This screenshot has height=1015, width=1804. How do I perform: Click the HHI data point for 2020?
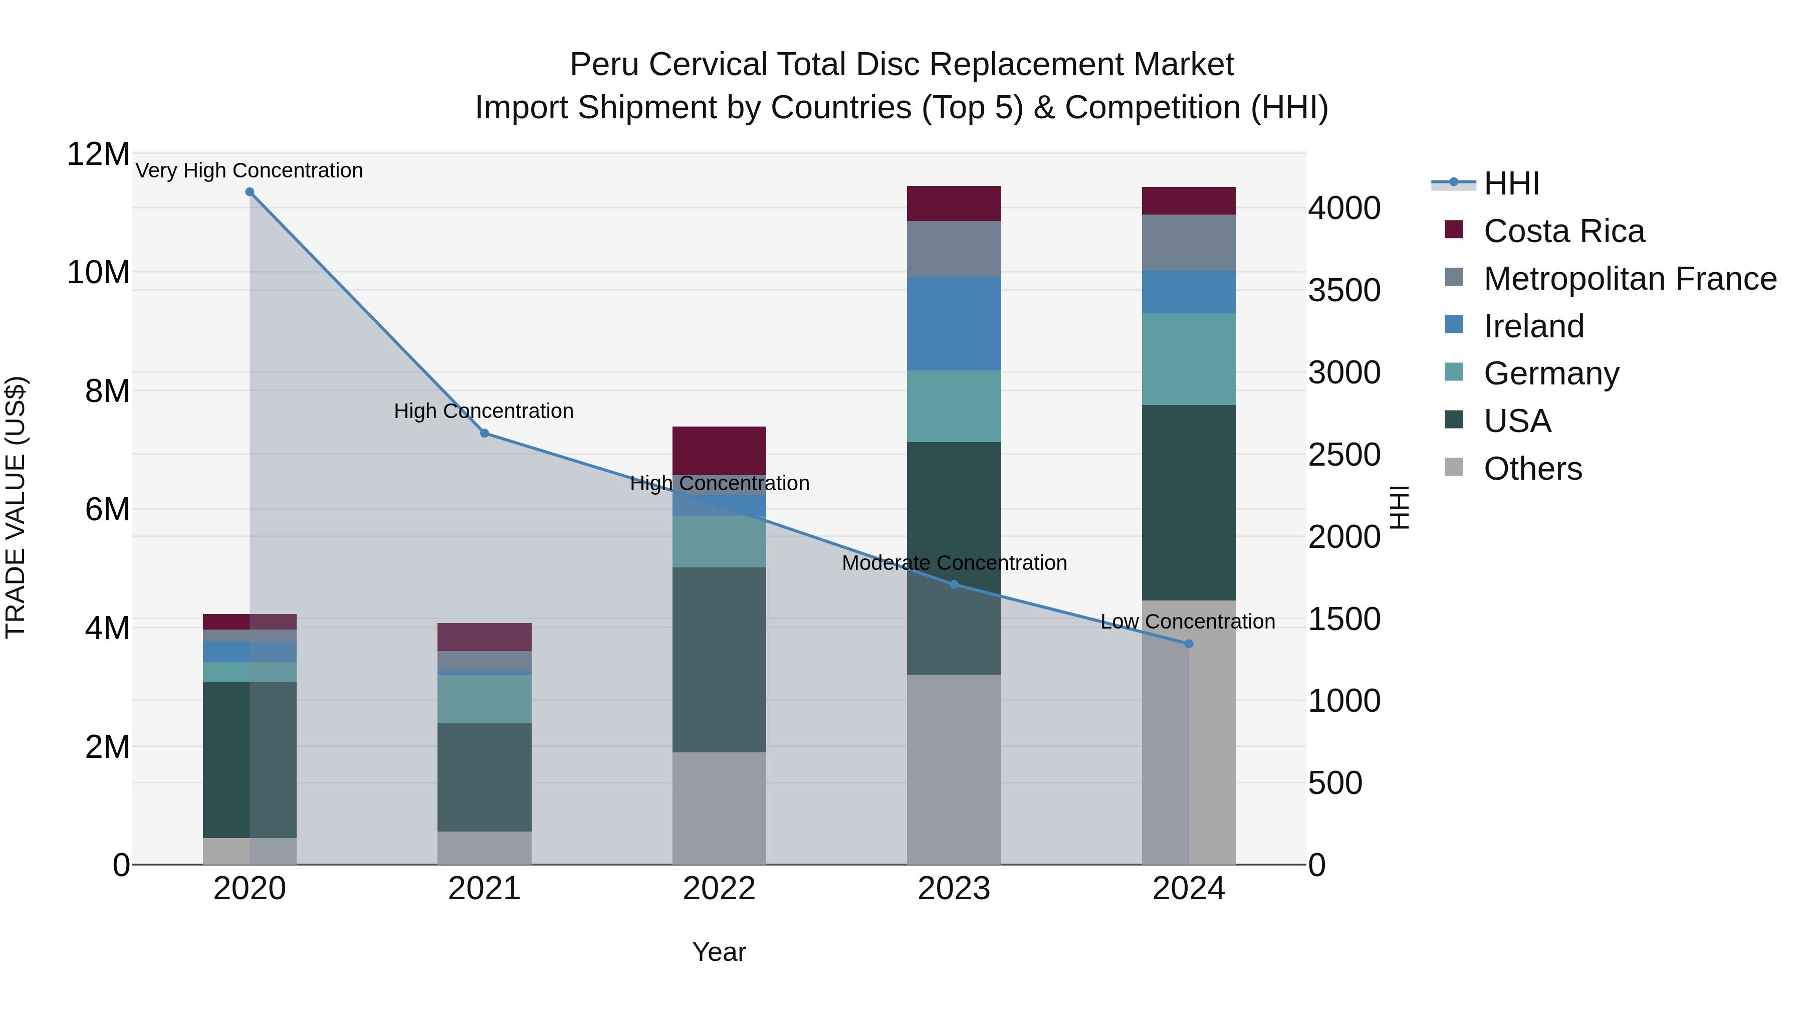click(x=250, y=192)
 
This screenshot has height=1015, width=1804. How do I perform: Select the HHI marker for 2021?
click(x=484, y=433)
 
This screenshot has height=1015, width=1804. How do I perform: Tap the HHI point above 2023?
click(x=954, y=584)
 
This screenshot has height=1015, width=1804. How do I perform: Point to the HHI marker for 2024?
click(x=1189, y=644)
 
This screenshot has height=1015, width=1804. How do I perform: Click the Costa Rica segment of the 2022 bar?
click(x=719, y=451)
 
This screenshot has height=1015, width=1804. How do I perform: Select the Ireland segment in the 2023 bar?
click(x=954, y=324)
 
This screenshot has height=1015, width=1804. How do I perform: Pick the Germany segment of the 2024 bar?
click(x=1189, y=359)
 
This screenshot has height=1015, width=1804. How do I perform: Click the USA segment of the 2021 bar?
click(x=484, y=777)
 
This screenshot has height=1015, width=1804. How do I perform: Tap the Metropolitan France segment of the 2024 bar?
click(x=1189, y=243)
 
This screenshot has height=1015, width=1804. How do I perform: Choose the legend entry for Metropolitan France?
click(x=1629, y=279)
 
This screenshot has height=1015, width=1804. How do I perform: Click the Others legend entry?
click(x=1532, y=469)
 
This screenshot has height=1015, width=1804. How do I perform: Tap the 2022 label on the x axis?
click(x=719, y=889)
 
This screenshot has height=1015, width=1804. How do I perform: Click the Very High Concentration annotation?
click(x=250, y=170)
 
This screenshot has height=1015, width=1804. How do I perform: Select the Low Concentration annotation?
click(x=1188, y=622)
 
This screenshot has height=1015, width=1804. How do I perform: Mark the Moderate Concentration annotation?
click(x=954, y=562)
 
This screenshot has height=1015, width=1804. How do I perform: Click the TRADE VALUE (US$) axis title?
click(x=16, y=507)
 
